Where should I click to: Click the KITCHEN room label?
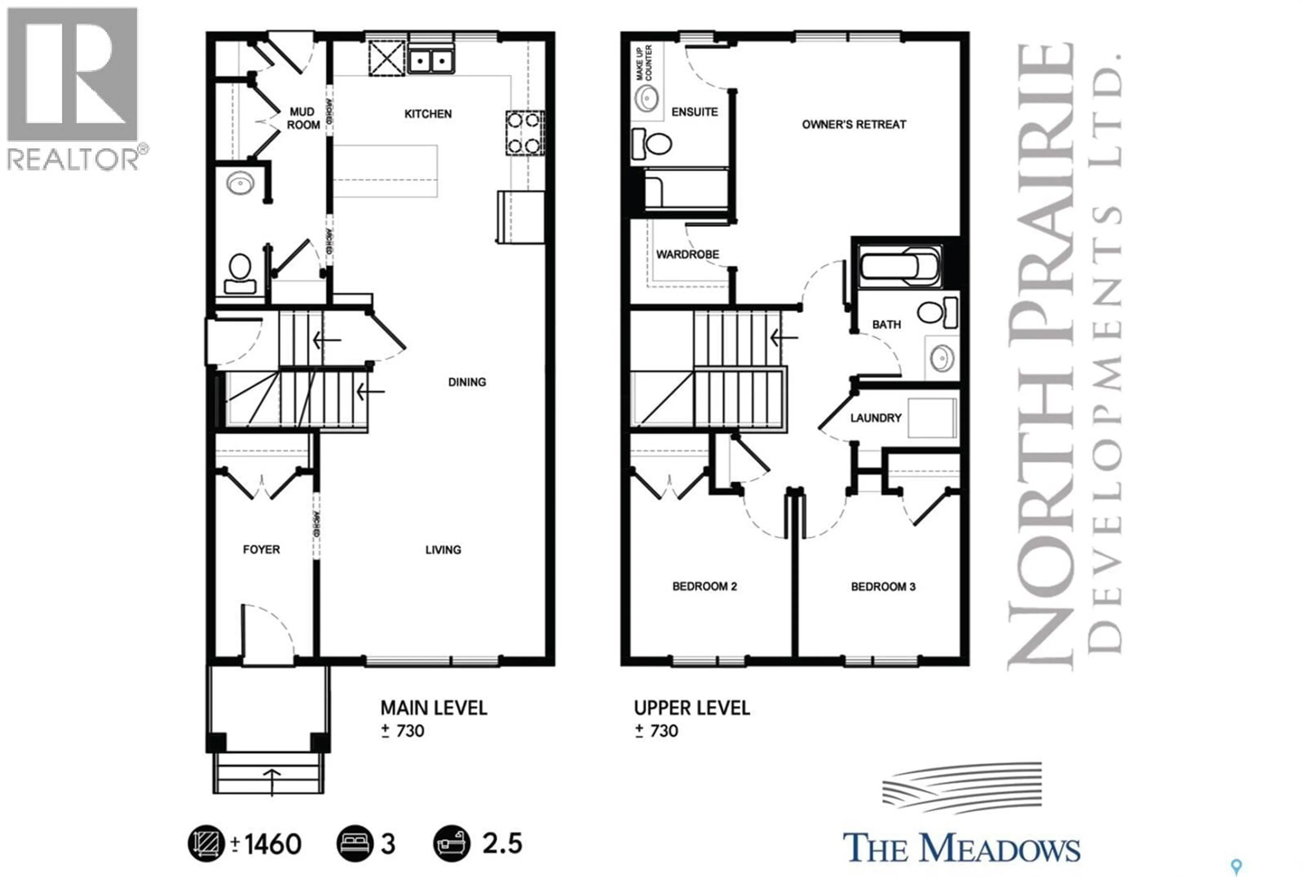click(428, 114)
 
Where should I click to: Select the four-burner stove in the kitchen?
click(524, 133)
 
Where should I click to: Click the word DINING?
click(467, 382)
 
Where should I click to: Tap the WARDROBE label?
click(687, 254)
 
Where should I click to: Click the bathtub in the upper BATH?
click(899, 267)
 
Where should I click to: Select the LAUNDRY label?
click(875, 418)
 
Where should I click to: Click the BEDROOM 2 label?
click(704, 586)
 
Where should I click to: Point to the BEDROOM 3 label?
click(883, 587)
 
